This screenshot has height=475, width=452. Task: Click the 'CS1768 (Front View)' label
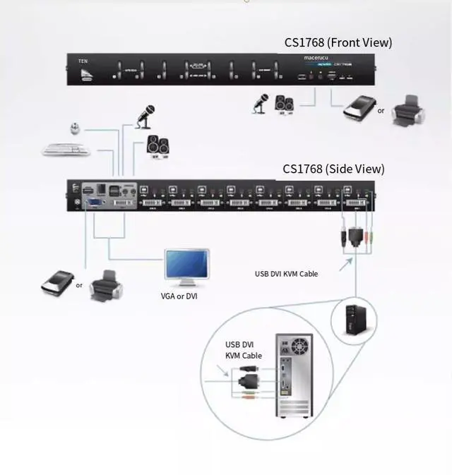pos(338,42)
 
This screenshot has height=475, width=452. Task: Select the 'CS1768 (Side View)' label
pos(334,169)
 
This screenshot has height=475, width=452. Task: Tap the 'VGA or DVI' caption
pos(179,296)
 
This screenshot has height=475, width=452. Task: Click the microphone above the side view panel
pos(146,115)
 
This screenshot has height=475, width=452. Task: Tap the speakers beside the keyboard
pos(156,144)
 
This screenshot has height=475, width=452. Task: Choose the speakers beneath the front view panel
pos(284,104)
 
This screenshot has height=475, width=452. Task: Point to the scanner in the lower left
pos(56,282)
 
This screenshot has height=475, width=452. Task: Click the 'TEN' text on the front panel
pos(83,62)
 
